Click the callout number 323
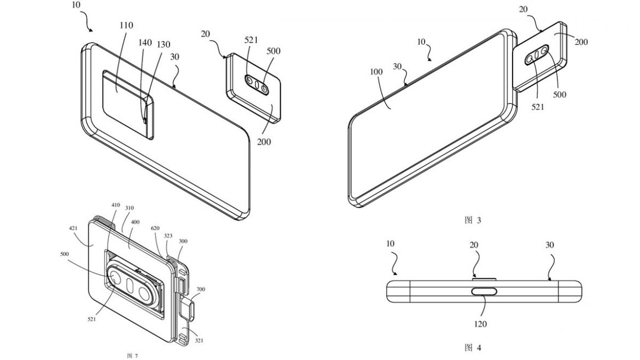[167, 236]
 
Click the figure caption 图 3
[472, 220]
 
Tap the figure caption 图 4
[472, 347]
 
